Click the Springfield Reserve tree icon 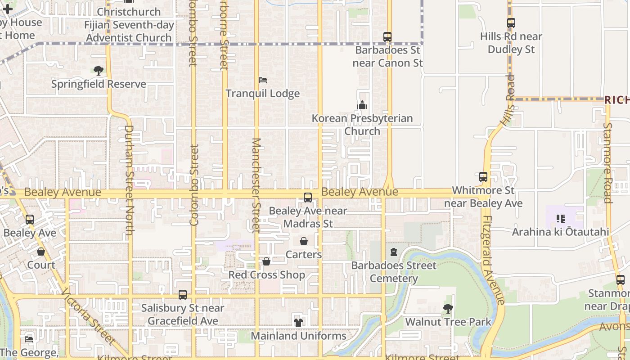tap(99, 71)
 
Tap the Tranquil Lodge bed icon tap(263, 80)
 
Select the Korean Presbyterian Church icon tap(362, 105)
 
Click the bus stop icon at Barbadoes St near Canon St tap(387, 37)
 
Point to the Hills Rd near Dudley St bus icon tap(511, 23)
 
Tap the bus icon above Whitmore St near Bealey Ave tap(483, 177)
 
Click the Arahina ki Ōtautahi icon tap(560, 219)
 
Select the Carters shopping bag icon tap(304, 241)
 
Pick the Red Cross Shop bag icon tap(266, 261)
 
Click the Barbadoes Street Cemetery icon tap(394, 252)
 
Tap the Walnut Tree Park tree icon tap(448, 309)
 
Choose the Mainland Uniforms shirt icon tap(298, 322)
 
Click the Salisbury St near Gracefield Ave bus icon tap(183, 295)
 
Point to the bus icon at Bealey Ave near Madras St tap(308, 197)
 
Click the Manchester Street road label tap(256, 185)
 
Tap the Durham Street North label tap(129, 180)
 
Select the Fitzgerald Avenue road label tap(492, 261)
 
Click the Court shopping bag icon tap(41, 252)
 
